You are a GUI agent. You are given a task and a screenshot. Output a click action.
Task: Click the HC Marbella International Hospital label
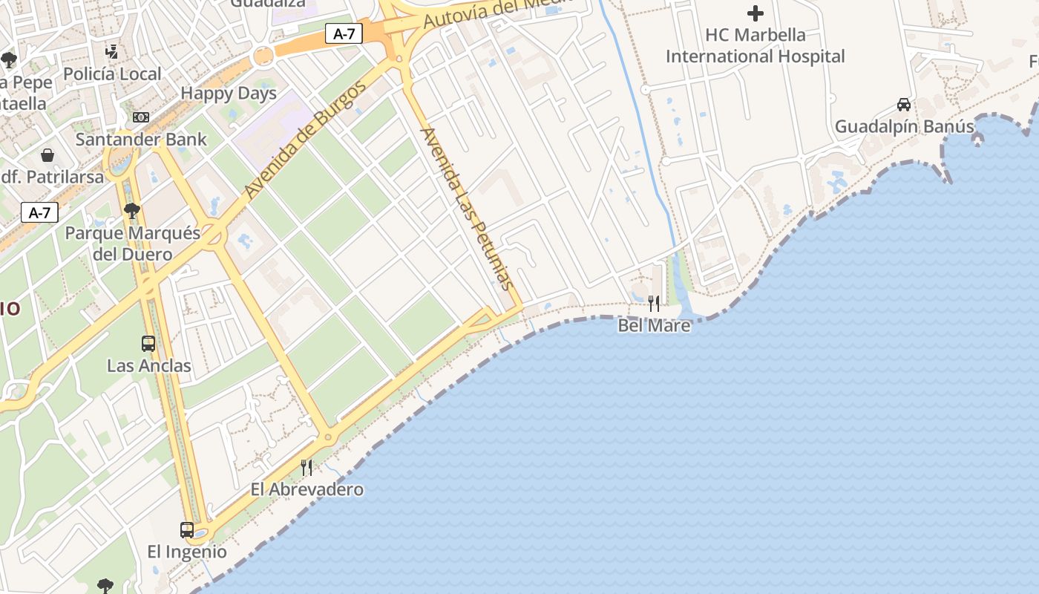pos(756,45)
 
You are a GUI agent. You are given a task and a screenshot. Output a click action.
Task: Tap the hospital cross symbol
pos(756,13)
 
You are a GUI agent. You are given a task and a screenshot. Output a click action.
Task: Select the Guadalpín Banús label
pos(904,127)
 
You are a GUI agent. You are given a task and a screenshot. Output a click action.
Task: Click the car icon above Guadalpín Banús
pos(904,105)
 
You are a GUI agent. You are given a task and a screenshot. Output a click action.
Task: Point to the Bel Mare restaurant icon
pos(654,303)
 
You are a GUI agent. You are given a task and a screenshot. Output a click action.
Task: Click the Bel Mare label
pos(654,325)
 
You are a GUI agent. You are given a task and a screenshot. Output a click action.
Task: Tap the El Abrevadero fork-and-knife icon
pos(306,467)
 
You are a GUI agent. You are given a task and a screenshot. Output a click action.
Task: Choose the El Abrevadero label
pos(307,489)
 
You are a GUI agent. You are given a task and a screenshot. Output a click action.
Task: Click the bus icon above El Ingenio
pos(187,530)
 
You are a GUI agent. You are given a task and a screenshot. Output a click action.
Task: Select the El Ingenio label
pos(187,552)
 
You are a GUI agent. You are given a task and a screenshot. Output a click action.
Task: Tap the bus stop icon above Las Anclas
pos(148,344)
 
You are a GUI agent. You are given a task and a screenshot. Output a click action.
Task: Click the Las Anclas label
pos(148,366)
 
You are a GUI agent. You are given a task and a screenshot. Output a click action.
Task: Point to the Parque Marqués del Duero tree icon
pos(132,212)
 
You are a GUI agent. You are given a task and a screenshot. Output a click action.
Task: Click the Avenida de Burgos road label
pos(305,140)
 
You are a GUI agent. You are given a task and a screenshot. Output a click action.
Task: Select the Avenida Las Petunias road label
pos(467,209)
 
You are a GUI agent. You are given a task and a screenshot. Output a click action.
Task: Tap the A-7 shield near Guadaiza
pos(344,33)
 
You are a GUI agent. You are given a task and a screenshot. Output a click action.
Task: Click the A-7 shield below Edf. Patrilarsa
pos(39,213)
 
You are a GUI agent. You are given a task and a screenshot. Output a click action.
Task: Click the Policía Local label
pos(112,74)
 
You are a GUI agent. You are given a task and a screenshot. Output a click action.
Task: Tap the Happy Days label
pos(229,94)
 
